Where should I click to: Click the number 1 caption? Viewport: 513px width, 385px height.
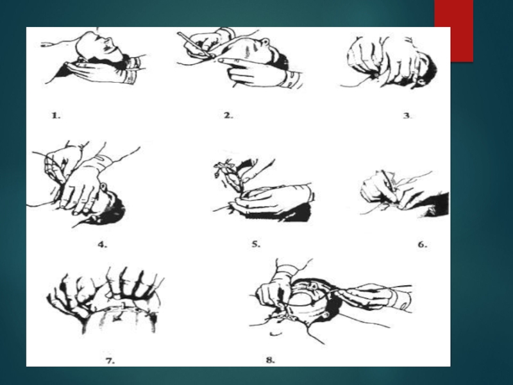click(56, 116)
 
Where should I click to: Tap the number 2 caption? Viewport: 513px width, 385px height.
click(228, 116)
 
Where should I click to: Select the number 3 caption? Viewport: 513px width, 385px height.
click(407, 116)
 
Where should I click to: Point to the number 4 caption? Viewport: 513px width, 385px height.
click(103, 244)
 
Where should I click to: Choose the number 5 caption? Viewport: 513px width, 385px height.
click(256, 244)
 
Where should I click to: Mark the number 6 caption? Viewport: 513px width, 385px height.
click(423, 244)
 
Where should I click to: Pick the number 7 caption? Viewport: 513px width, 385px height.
click(110, 361)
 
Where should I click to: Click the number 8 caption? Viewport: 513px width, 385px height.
click(270, 360)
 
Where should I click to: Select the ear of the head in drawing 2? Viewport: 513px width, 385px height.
click(265, 42)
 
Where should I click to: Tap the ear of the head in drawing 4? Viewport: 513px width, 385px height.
click(103, 187)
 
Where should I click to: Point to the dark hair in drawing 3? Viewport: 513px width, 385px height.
click(428, 68)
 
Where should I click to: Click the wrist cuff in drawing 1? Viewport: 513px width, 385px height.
click(134, 71)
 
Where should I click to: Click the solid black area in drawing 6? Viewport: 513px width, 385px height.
click(439, 205)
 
